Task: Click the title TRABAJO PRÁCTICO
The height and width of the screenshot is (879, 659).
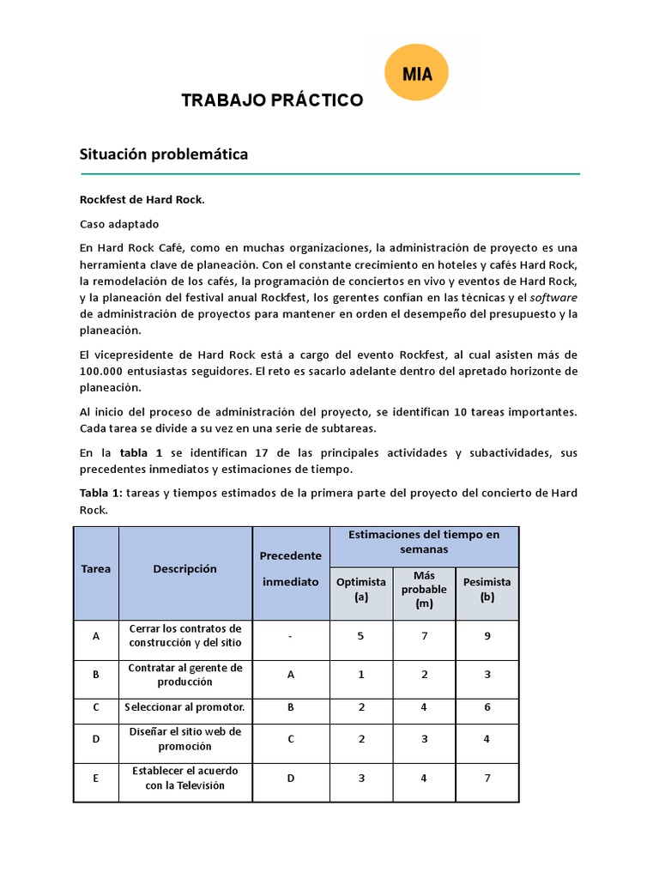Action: pyautogui.click(x=272, y=100)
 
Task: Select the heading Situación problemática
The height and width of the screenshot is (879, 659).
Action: pyautogui.click(x=164, y=155)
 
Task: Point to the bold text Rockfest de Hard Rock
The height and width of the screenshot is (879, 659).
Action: pyautogui.click(x=142, y=199)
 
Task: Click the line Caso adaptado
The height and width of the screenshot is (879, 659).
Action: pyautogui.click(x=119, y=224)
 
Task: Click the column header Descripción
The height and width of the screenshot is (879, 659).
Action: pyautogui.click(x=185, y=568)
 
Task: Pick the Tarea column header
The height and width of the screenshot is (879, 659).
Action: pyautogui.click(x=96, y=568)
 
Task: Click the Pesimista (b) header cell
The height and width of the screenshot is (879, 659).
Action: pyautogui.click(x=487, y=589)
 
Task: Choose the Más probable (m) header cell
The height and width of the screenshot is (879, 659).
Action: pyautogui.click(x=424, y=589)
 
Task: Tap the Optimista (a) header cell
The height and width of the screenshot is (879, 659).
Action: pyautogui.click(x=361, y=589)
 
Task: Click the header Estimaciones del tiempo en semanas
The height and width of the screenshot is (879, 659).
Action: pyautogui.click(x=424, y=541)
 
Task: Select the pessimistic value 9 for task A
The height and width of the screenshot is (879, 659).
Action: pyautogui.click(x=487, y=635)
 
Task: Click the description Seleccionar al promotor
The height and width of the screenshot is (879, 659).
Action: pyautogui.click(x=185, y=707)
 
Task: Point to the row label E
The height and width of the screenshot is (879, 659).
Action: pyautogui.click(x=96, y=778)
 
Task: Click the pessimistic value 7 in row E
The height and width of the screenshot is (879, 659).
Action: pyautogui.click(x=487, y=778)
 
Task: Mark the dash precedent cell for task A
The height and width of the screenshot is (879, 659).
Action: pyautogui.click(x=291, y=635)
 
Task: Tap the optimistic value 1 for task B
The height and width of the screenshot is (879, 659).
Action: pyautogui.click(x=361, y=675)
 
